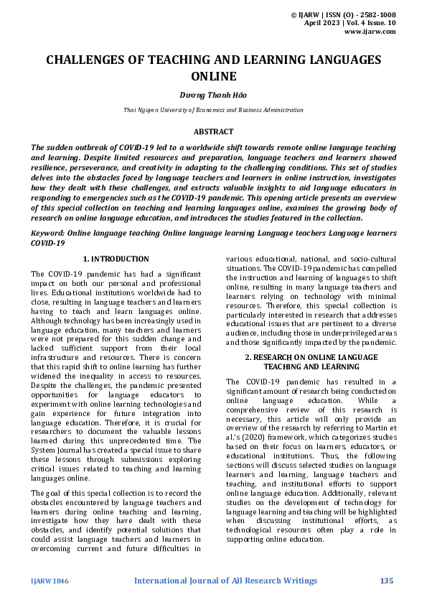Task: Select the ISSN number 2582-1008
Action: click(x=373, y=14)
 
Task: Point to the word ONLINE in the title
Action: click(x=213, y=75)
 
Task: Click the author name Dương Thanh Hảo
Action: click(x=213, y=94)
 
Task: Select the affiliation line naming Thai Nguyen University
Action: click(x=213, y=110)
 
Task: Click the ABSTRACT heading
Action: click(x=213, y=131)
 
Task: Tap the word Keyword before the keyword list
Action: click(x=50, y=234)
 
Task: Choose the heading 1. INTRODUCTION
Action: click(x=116, y=259)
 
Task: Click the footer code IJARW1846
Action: click(x=50, y=580)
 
